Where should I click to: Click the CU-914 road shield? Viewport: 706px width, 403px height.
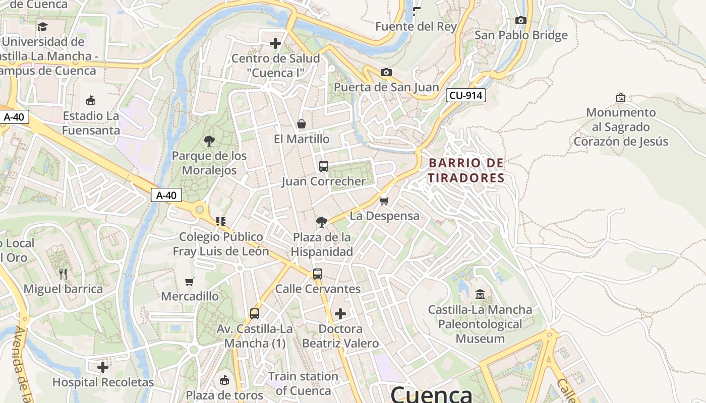pyautogui.click(x=465, y=95)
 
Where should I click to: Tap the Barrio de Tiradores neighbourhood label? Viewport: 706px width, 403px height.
pyautogui.click(x=466, y=170)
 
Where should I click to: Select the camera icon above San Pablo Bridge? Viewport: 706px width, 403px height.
pyautogui.click(x=521, y=21)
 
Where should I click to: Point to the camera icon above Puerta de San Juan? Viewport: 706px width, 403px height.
pyautogui.click(x=386, y=73)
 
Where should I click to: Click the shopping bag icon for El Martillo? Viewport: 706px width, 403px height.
pyautogui.click(x=302, y=124)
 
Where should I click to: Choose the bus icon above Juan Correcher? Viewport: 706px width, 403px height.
pyautogui.click(x=324, y=166)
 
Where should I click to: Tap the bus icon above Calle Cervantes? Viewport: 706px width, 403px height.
pyautogui.click(x=317, y=274)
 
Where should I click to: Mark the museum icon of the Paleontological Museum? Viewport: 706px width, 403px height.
pyautogui.click(x=480, y=294)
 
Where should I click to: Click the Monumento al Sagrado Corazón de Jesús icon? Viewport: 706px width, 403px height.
pyautogui.click(x=621, y=97)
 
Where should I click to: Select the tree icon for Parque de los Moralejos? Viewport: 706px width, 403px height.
pyautogui.click(x=209, y=141)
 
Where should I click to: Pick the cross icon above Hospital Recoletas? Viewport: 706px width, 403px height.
pyautogui.click(x=103, y=367)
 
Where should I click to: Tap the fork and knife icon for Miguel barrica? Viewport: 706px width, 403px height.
pyautogui.click(x=63, y=274)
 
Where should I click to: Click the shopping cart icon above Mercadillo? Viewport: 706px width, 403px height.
pyautogui.click(x=190, y=282)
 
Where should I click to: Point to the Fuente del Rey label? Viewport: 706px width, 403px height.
pyautogui.click(x=416, y=27)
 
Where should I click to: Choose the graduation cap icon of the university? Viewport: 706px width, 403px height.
pyautogui.click(x=43, y=27)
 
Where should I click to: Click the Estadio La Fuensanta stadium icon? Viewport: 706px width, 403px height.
pyautogui.click(x=91, y=101)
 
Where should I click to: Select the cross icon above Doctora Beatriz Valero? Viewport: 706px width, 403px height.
pyautogui.click(x=340, y=314)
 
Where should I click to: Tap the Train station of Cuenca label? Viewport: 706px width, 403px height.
pyautogui.click(x=303, y=383)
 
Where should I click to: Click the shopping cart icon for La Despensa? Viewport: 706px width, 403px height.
pyautogui.click(x=384, y=201)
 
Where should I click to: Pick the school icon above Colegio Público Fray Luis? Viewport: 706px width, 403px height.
pyautogui.click(x=220, y=221)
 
